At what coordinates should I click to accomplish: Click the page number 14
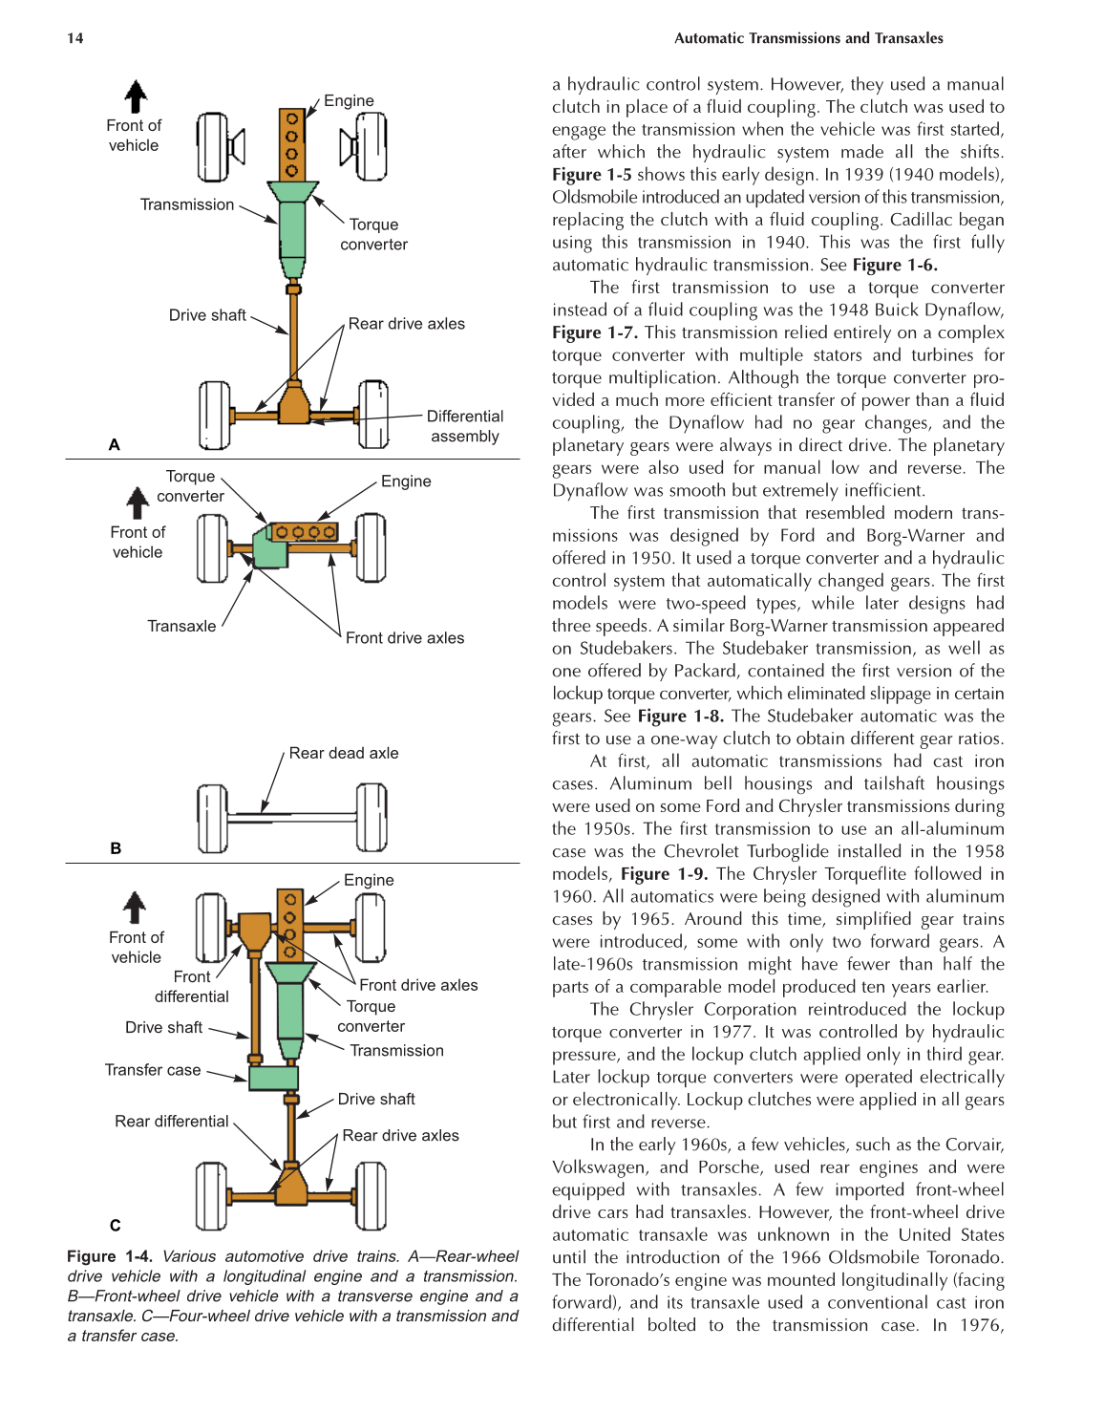click(x=75, y=38)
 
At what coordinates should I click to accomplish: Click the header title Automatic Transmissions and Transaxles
click(x=808, y=38)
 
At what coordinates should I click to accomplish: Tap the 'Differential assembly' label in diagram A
click(x=465, y=426)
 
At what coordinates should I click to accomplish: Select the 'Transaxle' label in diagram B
click(x=181, y=626)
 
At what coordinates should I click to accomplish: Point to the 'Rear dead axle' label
click(x=344, y=753)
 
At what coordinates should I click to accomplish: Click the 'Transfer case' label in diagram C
click(x=153, y=1070)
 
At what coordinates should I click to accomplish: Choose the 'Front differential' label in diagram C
click(x=192, y=987)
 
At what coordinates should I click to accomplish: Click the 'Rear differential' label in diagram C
click(x=172, y=1122)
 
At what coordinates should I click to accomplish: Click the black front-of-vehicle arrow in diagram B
click(x=138, y=503)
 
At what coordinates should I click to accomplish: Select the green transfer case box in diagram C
click(x=273, y=1078)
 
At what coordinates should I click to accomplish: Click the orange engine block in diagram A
click(x=292, y=144)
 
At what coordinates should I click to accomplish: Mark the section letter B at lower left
click(x=116, y=848)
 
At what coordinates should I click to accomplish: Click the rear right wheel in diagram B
click(x=372, y=818)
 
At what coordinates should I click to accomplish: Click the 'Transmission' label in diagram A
click(x=187, y=204)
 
